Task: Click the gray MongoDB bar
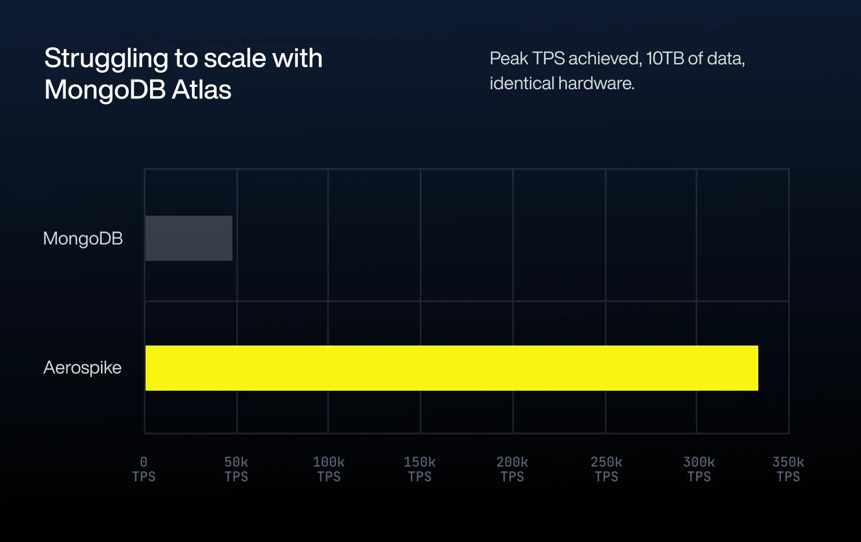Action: tap(189, 238)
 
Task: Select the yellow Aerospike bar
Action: tap(451, 368)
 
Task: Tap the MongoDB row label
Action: tap(83, 239)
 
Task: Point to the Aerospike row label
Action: tap(82, 368)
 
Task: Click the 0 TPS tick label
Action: tap(144, 469)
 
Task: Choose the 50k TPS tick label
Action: tap(236, 469)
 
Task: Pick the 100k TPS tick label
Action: tap(329, 469)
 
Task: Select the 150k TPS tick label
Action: tap(420, 469)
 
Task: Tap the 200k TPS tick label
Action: tap(512, 469)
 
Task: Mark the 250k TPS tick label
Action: tap(607, 469)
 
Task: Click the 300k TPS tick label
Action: tap(699, 469)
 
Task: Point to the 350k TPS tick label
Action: tap(788, 469)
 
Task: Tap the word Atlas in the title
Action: tap(201, 90)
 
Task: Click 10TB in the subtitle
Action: tap(665, 58)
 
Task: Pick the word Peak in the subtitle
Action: tap(509, 58)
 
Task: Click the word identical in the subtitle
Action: tap(522, 84)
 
